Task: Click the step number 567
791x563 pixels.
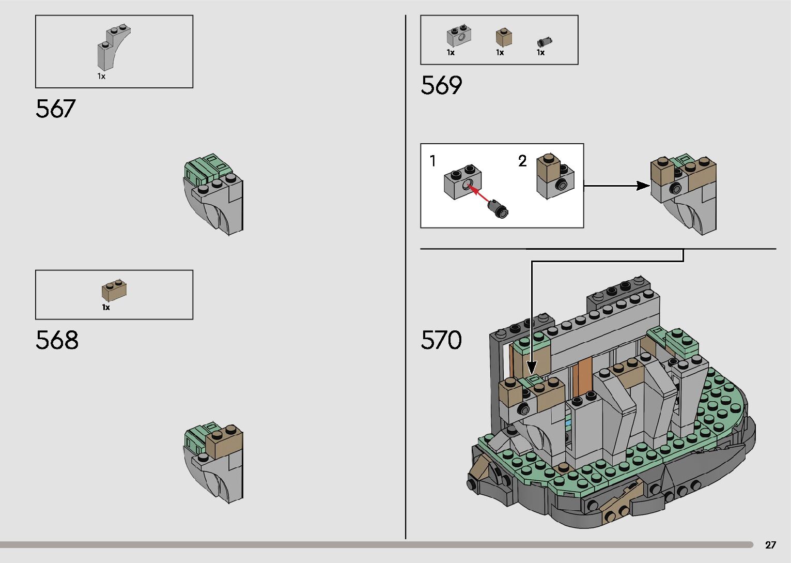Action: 55,109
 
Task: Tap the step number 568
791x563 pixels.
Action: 57,340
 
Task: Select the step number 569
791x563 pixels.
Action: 441,85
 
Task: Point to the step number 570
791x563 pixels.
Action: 441,340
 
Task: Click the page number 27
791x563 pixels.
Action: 770,545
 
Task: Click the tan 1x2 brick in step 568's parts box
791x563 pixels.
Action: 114,290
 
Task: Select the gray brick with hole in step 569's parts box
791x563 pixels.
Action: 457,37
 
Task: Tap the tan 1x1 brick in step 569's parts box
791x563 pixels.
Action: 504,37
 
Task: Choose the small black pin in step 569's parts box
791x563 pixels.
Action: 545,41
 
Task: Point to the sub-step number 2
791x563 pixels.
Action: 522,161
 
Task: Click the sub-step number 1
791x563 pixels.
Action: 433,161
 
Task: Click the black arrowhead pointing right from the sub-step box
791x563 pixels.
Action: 643,186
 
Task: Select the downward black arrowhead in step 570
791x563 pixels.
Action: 532,368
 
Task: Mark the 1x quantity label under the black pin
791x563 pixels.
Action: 540,53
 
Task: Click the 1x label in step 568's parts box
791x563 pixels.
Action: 106,308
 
